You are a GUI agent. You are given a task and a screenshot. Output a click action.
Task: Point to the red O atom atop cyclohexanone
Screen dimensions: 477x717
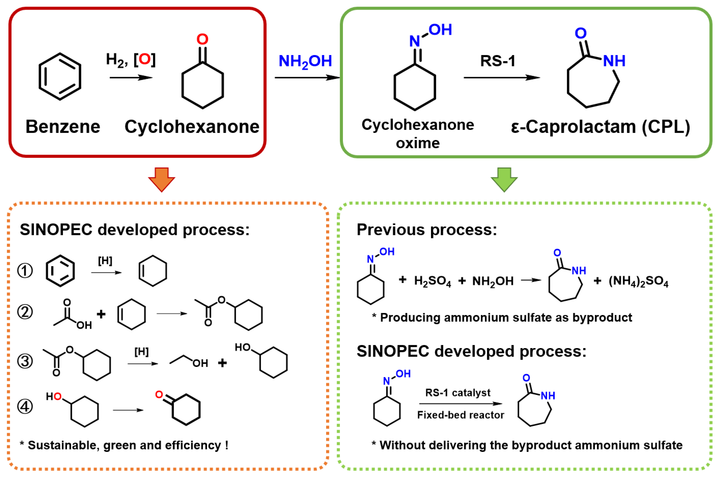coord(202,39)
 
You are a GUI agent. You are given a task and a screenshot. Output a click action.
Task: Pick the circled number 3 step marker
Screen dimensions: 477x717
coord(25,361)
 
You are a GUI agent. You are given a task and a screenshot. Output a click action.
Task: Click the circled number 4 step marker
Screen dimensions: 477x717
coord(25,406)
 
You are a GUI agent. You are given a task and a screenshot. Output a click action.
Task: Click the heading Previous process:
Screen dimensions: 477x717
coord(427,230)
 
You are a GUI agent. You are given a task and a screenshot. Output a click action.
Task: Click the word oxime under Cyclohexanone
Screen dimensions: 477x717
coord(418,143)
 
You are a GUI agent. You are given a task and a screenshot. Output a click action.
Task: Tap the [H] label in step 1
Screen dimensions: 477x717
coord(105,261)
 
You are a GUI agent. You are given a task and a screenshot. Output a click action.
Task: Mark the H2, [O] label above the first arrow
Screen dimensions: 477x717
coord(131,59)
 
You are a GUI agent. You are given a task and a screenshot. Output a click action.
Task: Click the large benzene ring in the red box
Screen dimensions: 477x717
coord(60,76)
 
